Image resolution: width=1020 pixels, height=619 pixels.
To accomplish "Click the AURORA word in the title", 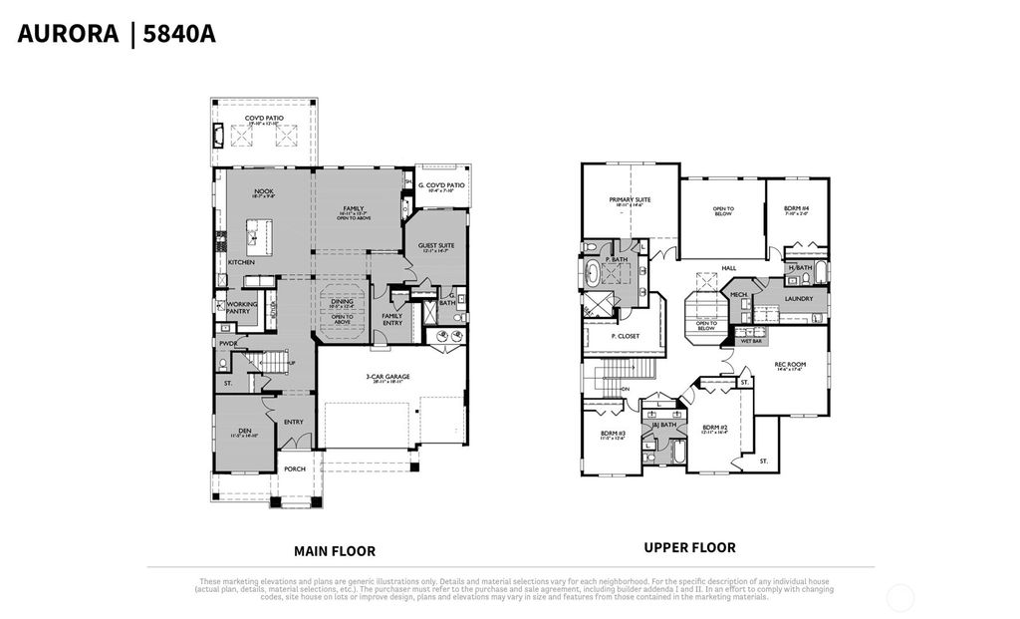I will [65, 35].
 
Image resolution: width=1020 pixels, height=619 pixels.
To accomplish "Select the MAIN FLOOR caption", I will [334, 550].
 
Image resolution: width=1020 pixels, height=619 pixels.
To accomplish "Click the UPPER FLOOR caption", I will [689, 547].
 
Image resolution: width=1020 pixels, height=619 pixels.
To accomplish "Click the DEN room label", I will [244, 431].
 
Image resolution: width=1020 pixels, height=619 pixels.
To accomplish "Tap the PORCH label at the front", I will [295, 468].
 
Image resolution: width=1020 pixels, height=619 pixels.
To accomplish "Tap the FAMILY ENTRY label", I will [392, 319].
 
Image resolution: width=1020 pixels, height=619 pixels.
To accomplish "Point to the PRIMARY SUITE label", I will [630, 199].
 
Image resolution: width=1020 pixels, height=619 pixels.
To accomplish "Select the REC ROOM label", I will [790, 364].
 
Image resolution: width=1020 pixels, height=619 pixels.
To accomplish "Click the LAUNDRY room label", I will [799, 298].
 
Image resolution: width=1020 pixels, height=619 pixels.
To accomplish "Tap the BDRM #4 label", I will [797, 208].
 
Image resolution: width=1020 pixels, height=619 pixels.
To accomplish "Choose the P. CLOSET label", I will [626, 336].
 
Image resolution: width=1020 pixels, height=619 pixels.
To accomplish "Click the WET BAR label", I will [752, 341].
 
